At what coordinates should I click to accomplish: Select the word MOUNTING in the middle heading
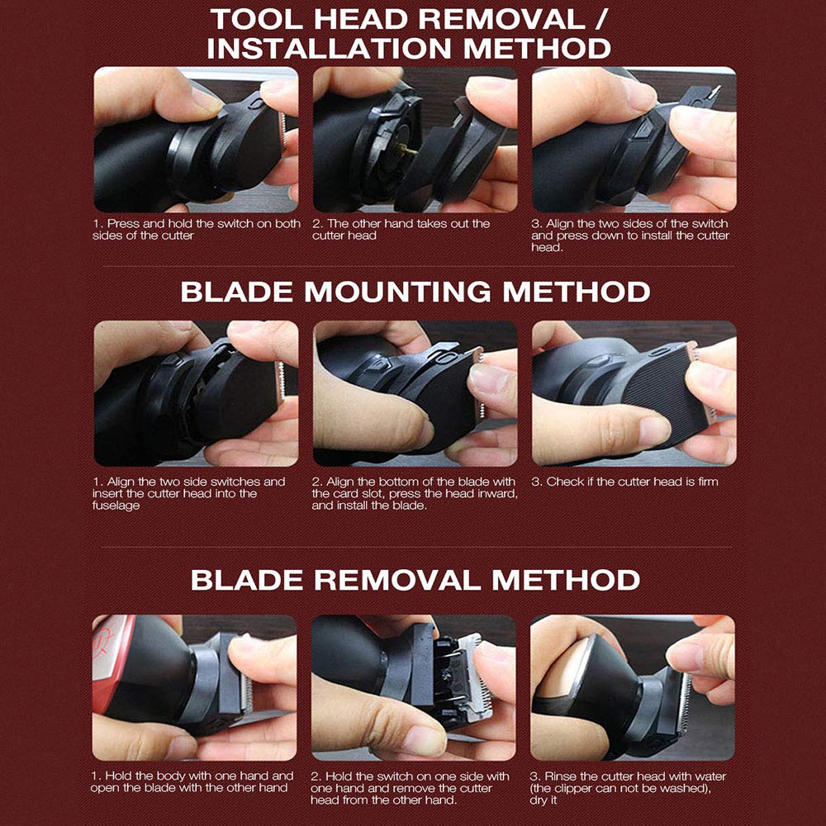pos(398,292)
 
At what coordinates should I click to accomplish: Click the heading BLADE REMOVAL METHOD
pos(415,580)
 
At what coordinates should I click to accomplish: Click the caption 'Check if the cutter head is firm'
pos(624,482)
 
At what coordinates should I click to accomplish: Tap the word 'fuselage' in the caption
pos(116,506)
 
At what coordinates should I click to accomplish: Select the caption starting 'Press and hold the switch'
pos(197,230)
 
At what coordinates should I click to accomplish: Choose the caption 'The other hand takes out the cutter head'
pos(401,230)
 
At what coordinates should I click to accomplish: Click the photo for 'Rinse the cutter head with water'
pos(632,687)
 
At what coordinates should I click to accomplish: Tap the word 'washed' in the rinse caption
pos(681,789)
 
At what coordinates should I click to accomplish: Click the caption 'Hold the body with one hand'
pos(192,782)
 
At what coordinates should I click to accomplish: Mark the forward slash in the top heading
pos(602,20)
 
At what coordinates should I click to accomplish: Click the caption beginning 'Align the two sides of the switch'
pos(630,235)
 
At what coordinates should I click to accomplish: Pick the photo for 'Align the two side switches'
pos(196,393)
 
